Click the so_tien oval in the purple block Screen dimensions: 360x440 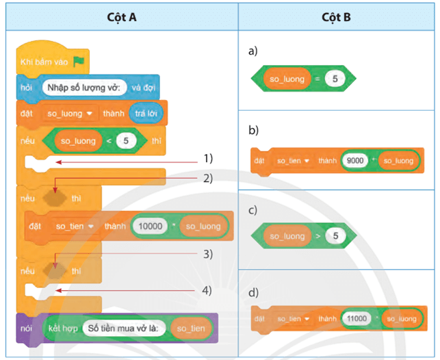coord(190,329)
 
